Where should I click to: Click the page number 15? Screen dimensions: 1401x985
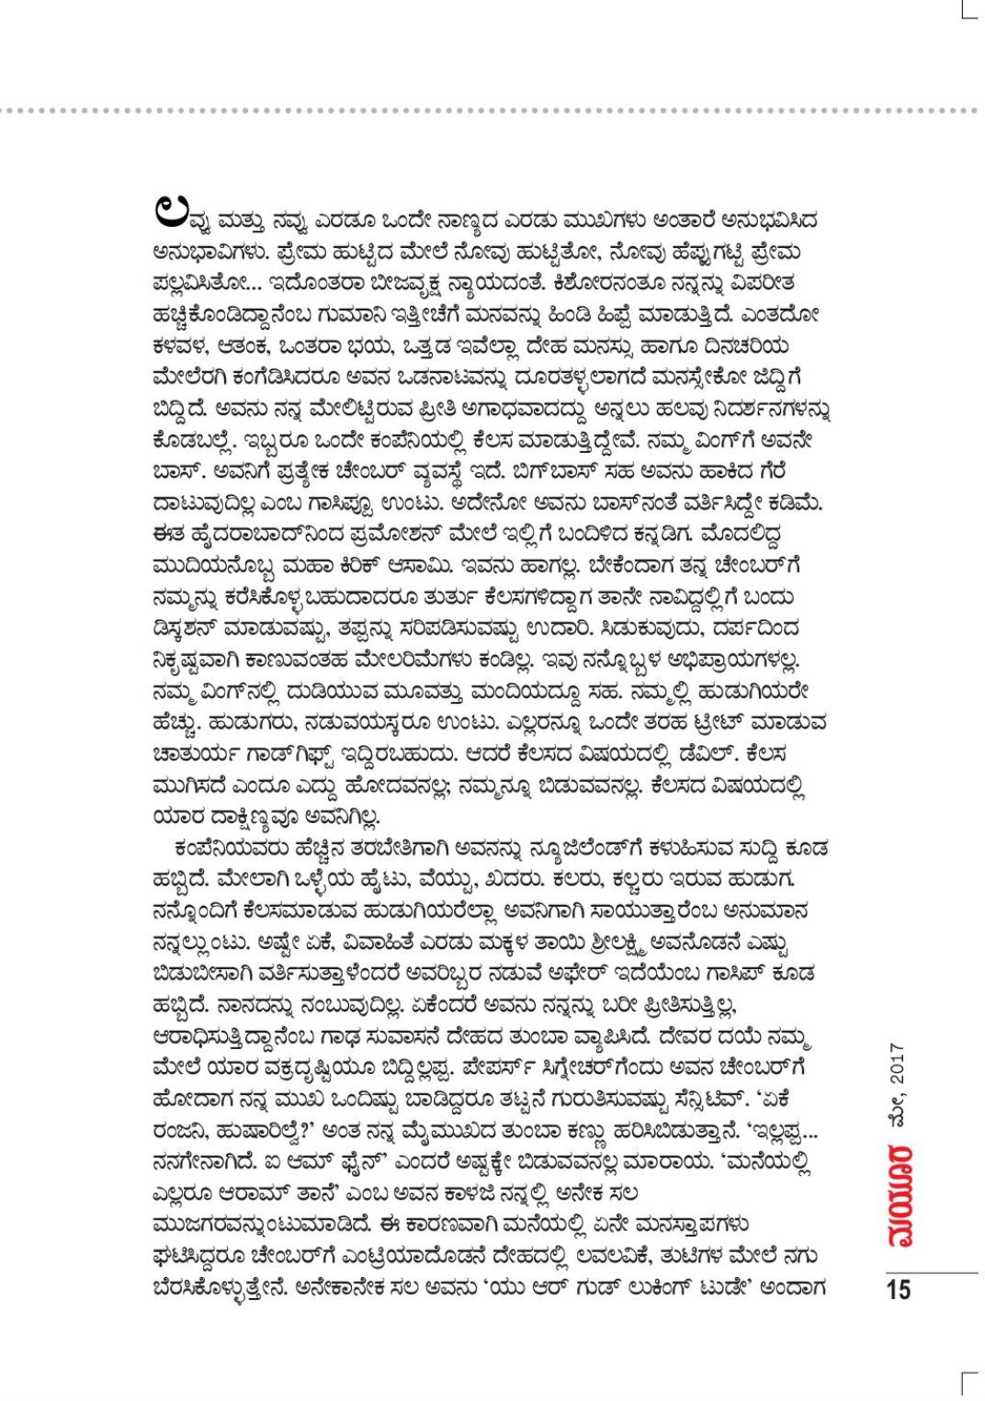point(899,1289)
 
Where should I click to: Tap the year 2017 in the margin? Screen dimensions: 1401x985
point(898,1066)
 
